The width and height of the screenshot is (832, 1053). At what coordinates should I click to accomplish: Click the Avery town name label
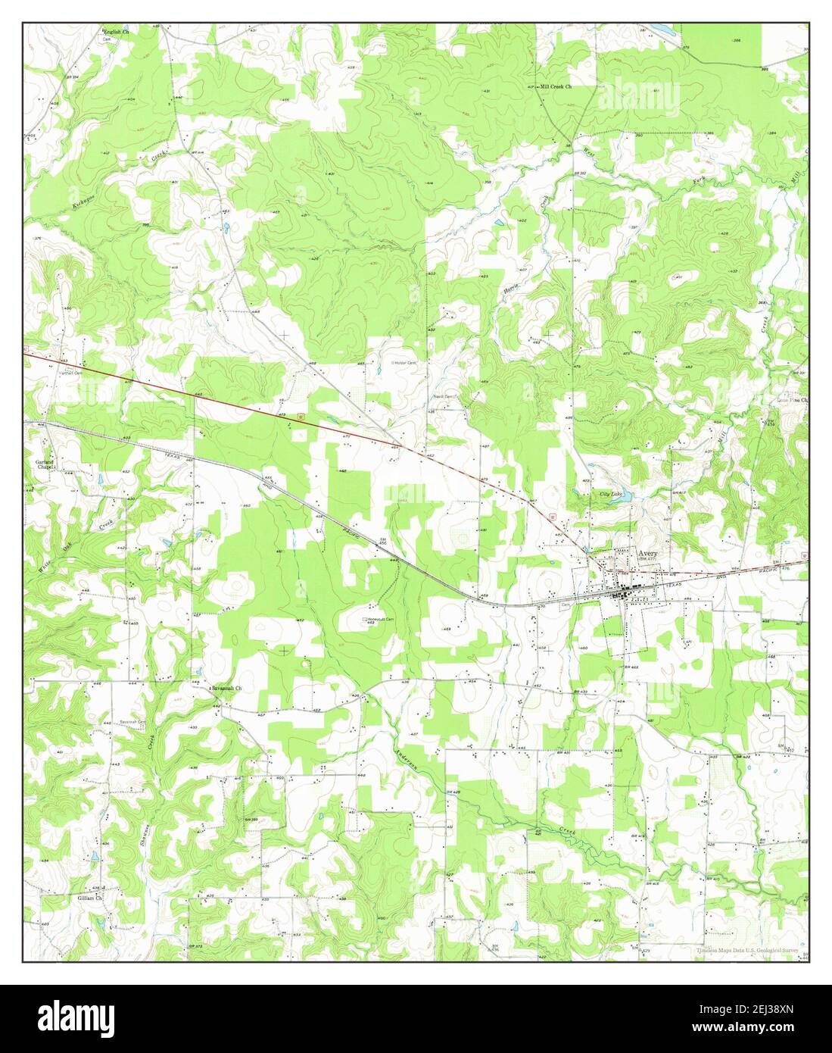click(648, 554)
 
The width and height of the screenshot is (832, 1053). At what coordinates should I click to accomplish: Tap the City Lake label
click(610, 494)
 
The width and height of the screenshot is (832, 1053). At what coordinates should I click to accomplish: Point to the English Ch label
click(117, 33)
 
